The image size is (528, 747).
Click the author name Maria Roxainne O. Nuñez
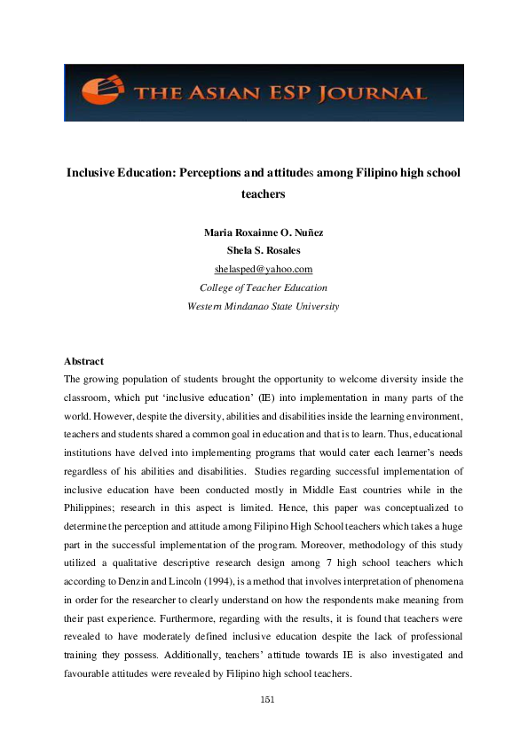tap(264, 232)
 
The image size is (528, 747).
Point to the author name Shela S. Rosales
tap(264, 250)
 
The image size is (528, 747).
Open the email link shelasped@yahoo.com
tap(264, 269)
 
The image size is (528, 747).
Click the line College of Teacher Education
tap(264, 287)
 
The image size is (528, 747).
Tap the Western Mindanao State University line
tap(264, 306)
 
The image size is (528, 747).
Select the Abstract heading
tap(84, 361)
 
